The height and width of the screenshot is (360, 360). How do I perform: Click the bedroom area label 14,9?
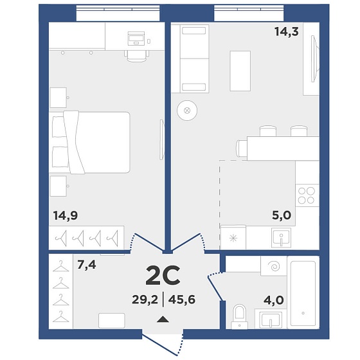pos(66,216)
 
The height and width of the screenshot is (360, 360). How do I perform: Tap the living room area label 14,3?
pos(287,32)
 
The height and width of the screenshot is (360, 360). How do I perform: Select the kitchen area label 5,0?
pos(282,215)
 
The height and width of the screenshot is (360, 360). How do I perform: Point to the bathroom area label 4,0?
pos(274,300)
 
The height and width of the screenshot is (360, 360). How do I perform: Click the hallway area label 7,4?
pos(87,265)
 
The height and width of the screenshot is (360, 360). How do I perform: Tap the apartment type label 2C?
pos(163,275)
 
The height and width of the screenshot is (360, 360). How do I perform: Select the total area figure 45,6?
pos(181,300)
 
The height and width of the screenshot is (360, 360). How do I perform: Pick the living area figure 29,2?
pos(145,300)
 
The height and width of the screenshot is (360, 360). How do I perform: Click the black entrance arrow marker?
pos(163,319)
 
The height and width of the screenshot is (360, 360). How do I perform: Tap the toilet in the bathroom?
pos(239,317)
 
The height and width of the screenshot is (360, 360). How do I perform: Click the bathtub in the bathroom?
pos(303,293)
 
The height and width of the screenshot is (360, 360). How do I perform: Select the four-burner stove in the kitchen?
pos(307,195)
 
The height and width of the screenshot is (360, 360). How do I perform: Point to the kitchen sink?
pos(281,238)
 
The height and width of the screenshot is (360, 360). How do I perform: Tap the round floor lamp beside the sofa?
pos(187,111)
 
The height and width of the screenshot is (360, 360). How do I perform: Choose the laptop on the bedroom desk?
pos(136,39)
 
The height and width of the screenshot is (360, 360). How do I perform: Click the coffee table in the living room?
pos(240,71)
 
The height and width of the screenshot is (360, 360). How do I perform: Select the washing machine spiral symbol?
pos(275,266)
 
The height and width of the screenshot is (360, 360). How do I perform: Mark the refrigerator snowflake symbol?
pos(233,238)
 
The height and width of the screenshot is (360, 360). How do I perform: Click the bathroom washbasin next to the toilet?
pos(271,319)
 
